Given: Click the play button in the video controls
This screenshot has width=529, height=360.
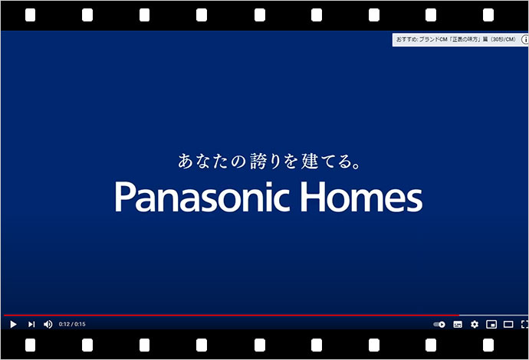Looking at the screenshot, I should (13, 324).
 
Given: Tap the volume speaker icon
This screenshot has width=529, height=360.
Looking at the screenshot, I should (48, 324).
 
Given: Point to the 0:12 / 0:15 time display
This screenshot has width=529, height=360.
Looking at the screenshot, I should (72, 324).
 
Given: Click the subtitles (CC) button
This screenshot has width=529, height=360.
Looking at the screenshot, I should (458, 324).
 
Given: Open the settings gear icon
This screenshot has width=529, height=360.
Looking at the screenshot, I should (475, 324).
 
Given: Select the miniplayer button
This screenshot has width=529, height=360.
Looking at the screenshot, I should (491, 324).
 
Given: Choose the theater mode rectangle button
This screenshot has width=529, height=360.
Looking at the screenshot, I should (508, 324).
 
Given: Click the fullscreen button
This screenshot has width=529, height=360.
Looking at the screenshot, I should (524, 324).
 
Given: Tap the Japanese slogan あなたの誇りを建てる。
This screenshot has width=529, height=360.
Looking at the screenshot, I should (268, 162).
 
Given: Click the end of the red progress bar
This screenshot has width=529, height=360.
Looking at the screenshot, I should (458, 315).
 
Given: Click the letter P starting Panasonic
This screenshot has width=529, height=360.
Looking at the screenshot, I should (124, 197).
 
